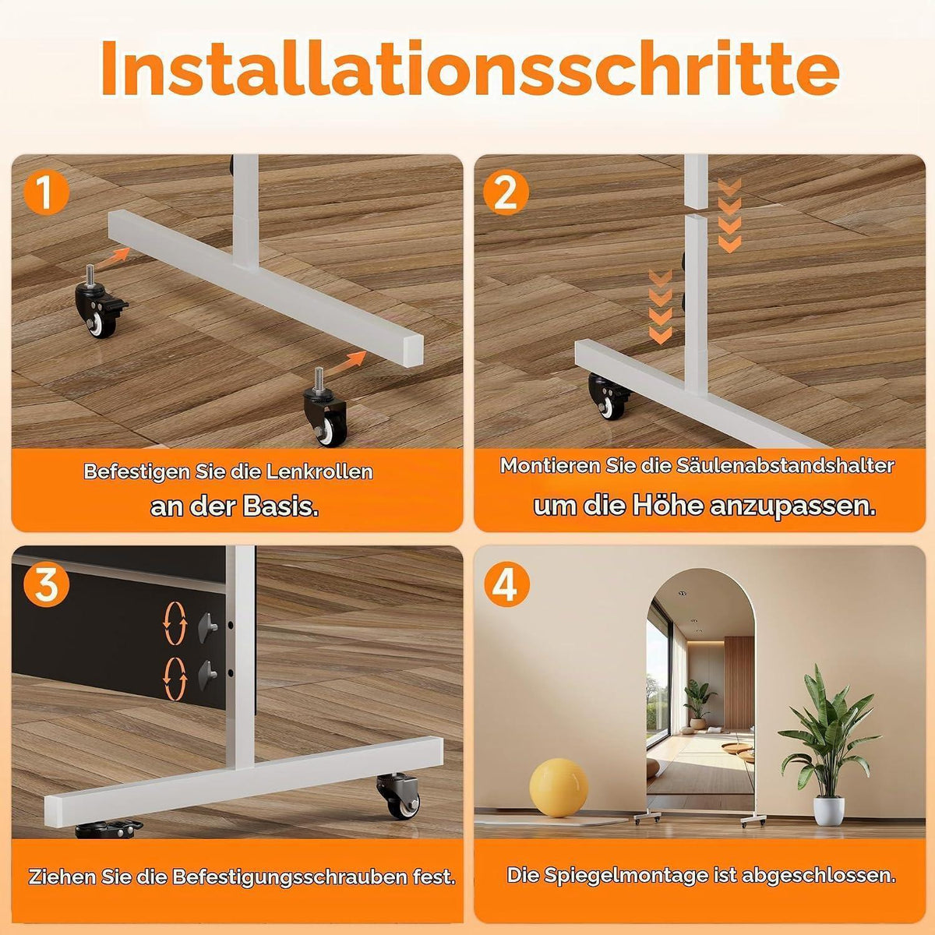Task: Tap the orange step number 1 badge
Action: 46,192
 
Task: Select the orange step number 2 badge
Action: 506,193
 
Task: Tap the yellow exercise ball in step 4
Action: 559,787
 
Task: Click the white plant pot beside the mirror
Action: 828,810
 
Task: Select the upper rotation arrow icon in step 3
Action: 175,623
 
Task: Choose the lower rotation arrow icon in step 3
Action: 175,679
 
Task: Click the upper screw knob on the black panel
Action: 208,627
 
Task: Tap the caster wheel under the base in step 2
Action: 609,396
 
